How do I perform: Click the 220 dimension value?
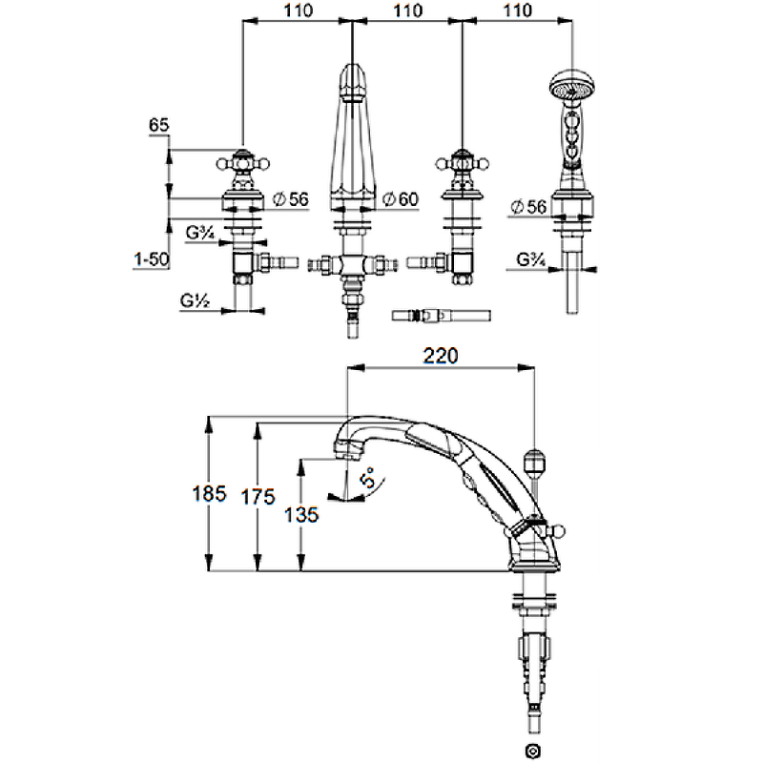[442, 355]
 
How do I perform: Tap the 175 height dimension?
[258, 496]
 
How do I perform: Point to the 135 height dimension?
[302, 514]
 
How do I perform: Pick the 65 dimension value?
[159, 125]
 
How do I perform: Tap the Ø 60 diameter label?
[400, 199]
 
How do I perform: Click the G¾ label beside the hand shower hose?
[530, 258]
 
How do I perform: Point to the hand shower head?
[568, 86]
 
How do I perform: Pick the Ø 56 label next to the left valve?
[291, 199]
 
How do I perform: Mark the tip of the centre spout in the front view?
[353, 70]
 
